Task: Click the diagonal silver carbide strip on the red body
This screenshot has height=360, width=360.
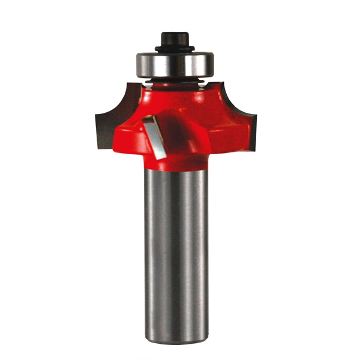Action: point(154,137)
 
